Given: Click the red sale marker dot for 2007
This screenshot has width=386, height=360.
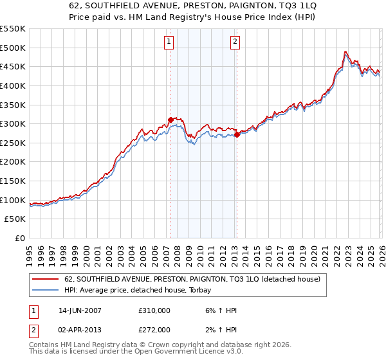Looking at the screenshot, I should point(170,120).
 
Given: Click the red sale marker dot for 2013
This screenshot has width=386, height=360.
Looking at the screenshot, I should point(237,134).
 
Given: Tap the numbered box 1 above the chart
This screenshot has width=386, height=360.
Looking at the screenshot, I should point(169,42).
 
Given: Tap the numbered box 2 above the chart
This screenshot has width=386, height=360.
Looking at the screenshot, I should point(235,42).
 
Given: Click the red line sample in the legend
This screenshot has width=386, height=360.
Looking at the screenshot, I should point(45,280).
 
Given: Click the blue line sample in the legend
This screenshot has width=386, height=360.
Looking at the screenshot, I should point(45,290).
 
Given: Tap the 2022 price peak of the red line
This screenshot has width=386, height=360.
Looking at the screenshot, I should point(345,51).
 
